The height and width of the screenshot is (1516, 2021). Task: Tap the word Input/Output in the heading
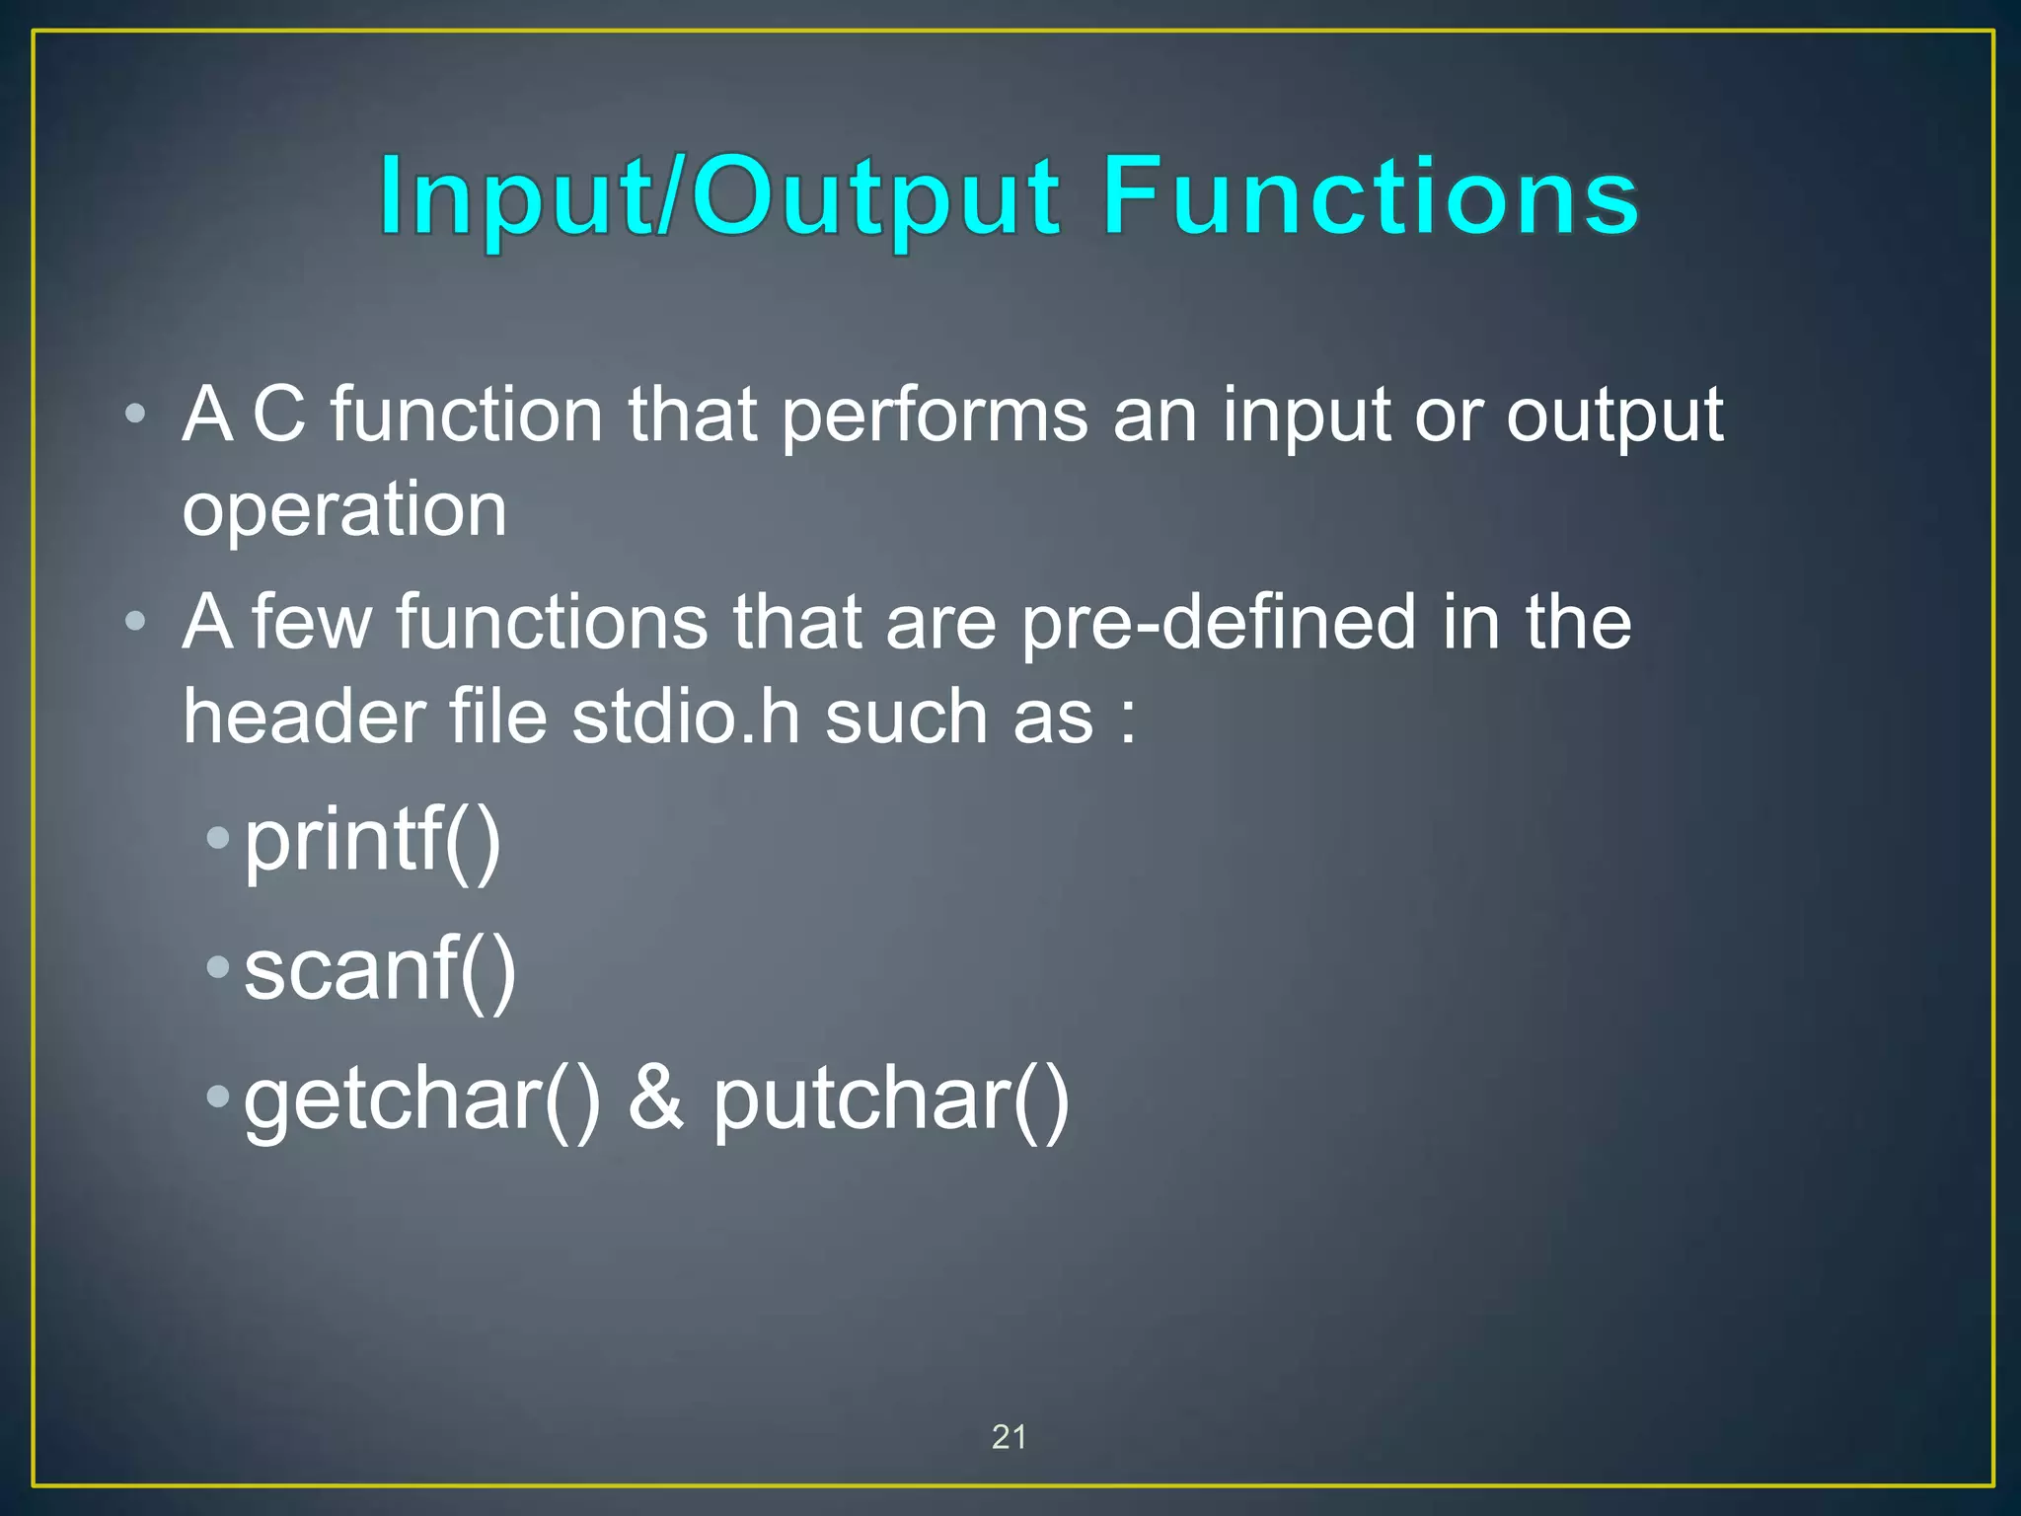pyautogui.click(x=720, y=199)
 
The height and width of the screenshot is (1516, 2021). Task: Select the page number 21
pyautogui.click(x=1009, y=1437)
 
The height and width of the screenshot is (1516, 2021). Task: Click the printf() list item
pyautogui.click(x=373, y=841)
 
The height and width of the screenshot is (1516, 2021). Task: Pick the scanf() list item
pyautogui.click(x=380, y=970)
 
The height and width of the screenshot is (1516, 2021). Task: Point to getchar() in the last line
pyautogui.click(x=421, y=1099)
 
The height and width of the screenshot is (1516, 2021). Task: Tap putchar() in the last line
pyautogui.click(x=891, y=1099)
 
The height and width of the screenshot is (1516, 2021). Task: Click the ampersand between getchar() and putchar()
pyautogui.click(x=656, y=1098)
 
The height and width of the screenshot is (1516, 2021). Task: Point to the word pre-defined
pyautogui.click(x=1219, y=624)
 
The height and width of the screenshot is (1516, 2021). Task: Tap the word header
pyautogui.click(x=303, y=717)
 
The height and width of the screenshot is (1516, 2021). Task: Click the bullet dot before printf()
pyautogui.click(x=218, y=839)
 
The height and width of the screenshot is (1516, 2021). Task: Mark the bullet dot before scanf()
pyautogui.click(x=218, y=967)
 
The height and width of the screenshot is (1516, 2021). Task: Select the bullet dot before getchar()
pyautogui.click(x=218, y=1096)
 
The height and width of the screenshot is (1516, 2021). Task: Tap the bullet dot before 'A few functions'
pyautogui.click(x=136, y=621)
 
